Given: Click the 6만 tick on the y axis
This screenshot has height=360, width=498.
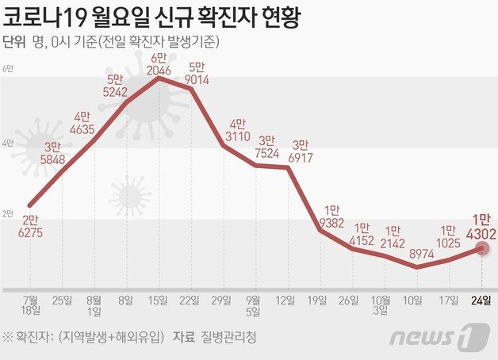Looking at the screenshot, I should pos(9,71).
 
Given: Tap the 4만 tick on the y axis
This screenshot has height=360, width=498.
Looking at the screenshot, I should pos(9,143).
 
